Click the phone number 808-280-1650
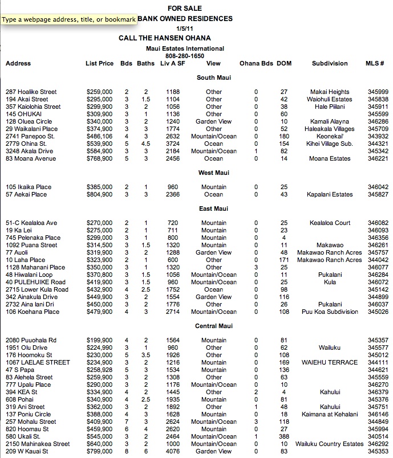185,56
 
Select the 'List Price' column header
99,64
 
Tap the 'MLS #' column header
374,64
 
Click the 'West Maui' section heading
213,173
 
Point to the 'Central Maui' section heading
213,326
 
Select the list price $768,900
99,159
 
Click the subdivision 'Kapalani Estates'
330,195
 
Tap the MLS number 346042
378,187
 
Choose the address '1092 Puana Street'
31,246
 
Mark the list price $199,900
99,341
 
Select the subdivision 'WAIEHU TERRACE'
330,363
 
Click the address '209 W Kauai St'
27,452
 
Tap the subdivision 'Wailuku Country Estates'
330,444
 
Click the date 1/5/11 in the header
185,28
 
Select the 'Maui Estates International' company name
185,49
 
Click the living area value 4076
173,452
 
